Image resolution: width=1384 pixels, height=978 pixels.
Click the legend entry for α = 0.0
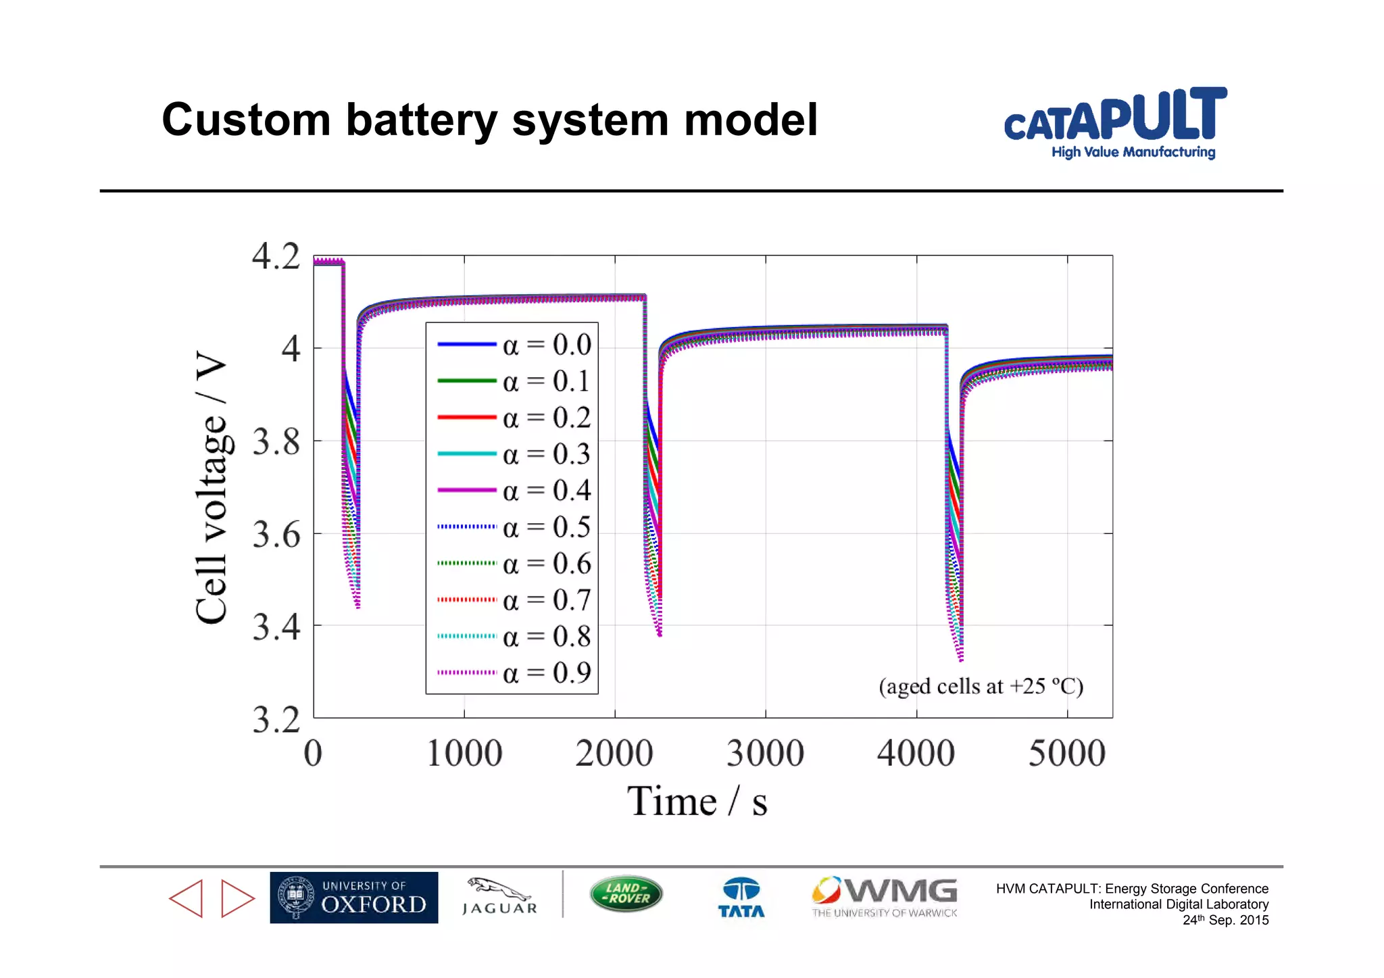pyautogui.click(x=514, y=345)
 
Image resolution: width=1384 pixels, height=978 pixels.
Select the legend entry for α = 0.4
pyautogui.click(x=514, y=490)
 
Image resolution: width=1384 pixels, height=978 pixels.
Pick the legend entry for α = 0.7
pyautogui.click(x=514, y=600)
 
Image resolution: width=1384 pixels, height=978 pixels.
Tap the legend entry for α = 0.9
pyautogui.click(x=514, y=673)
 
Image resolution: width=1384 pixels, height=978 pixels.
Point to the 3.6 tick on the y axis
pyautogui.click(x=276, y=535)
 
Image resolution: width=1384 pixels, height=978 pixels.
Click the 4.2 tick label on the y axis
pyautogui.click(x=276, y=257)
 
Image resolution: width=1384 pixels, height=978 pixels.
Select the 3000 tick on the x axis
pyautogui.click(x=765, y=753)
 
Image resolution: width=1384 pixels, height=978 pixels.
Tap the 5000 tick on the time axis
pyautogui.click(x=1066, y=753)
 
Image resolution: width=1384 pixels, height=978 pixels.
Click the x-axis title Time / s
pyautogui.click(x=697, y=802)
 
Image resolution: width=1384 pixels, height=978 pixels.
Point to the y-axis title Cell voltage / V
pyautogui.click(x=211, y=487)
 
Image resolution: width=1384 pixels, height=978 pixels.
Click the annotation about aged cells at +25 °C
pyautogui.click(x=981, y=687)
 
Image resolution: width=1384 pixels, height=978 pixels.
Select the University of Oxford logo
pyautogui.click(x=353, y=898)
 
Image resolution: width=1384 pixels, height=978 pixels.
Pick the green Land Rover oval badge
pyautogui.click(x=626, y=894)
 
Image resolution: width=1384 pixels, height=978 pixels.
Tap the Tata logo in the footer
pyautogui.click(x=741, y=898)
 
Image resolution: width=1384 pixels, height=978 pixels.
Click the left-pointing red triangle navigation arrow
pyautogui.click(x=186, y=898)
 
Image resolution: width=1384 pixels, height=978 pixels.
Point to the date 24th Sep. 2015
pyautogui.click(x=1225, y=920)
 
